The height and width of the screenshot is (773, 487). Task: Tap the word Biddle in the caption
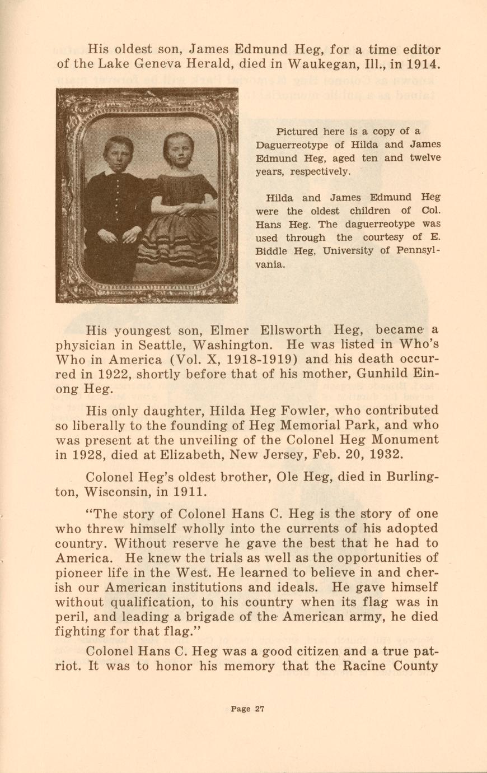(274, 250)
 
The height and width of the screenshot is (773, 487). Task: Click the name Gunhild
(385, 374)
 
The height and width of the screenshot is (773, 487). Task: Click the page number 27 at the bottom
(259, 709)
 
